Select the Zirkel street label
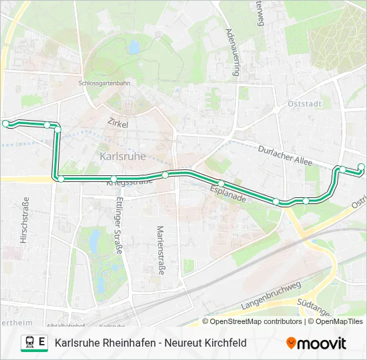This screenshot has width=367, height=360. [117, 123]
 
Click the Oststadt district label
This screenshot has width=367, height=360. [304, 104]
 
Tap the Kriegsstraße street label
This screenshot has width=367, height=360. [125, 181]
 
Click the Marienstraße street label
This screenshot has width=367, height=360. [160, 249]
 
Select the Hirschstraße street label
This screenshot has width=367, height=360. [25, 220]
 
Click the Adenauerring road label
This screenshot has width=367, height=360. [232, 53]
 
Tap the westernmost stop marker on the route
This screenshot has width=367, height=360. [6, 123]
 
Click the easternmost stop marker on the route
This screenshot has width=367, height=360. [362, 167]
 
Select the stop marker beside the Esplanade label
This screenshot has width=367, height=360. [221, 183]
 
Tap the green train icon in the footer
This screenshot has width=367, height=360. [29, 343]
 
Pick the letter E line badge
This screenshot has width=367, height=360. [42, 343]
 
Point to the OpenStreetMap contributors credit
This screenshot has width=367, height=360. [256, 321]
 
